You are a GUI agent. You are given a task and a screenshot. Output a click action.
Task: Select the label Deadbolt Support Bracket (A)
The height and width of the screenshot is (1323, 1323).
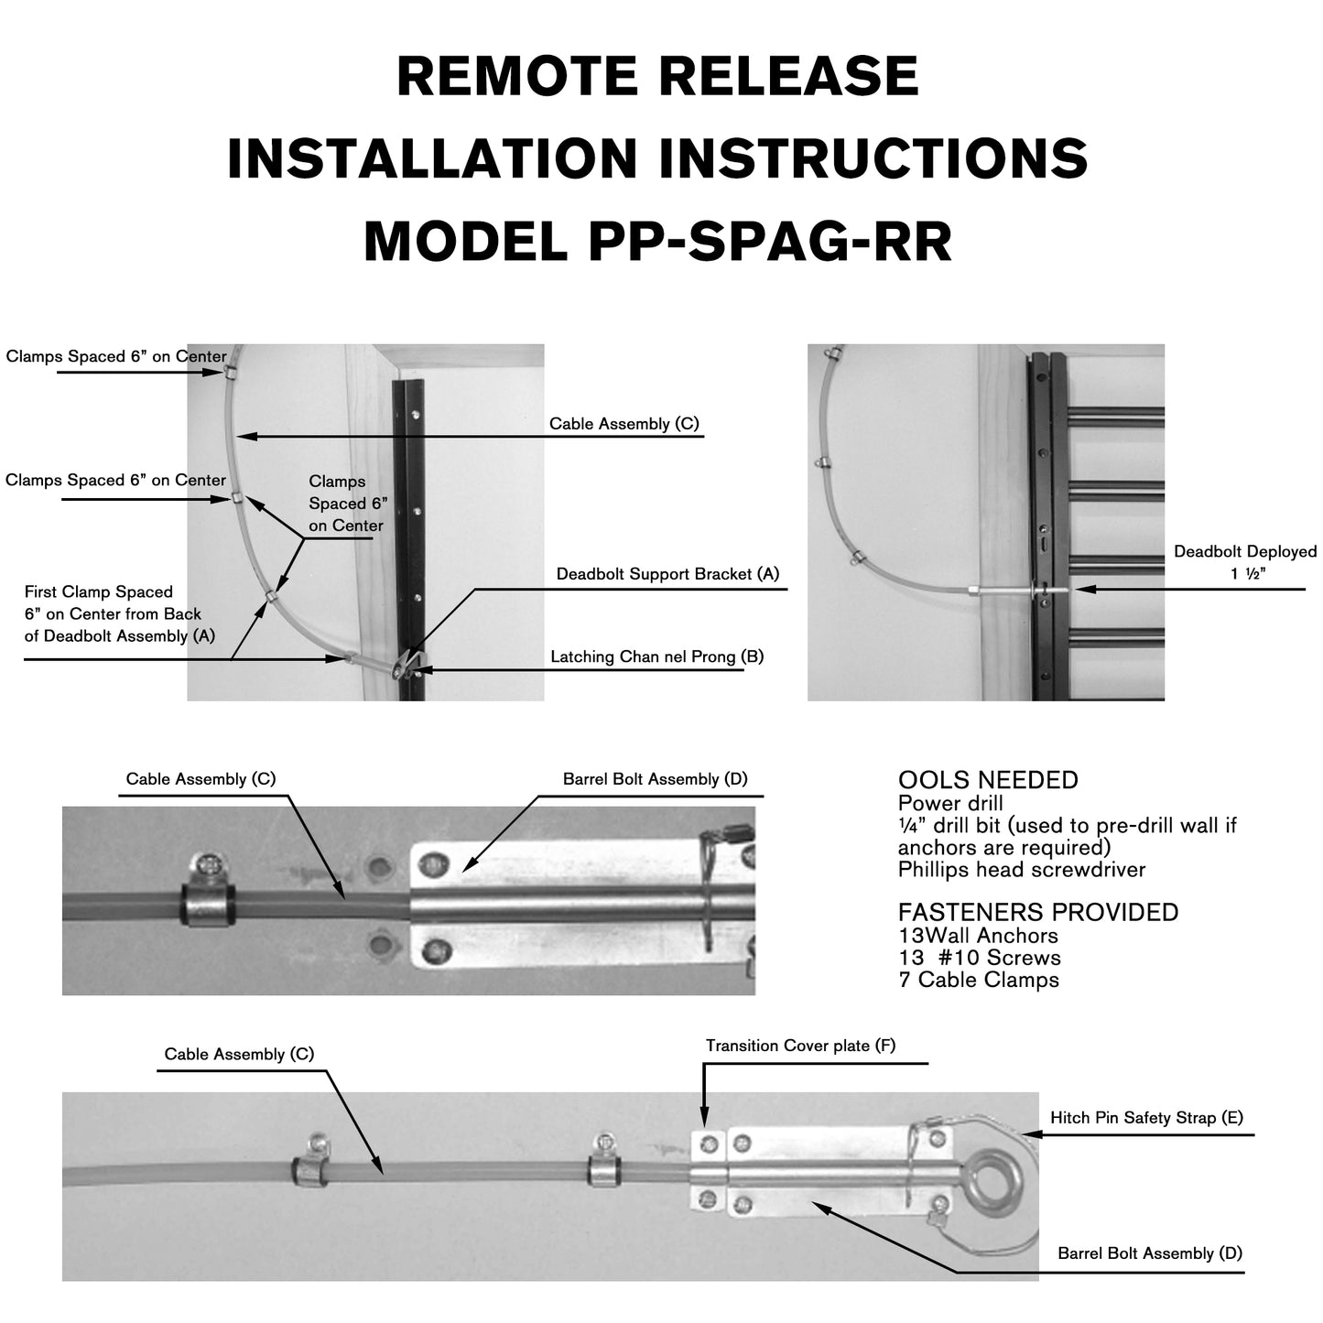[x=667, y=574]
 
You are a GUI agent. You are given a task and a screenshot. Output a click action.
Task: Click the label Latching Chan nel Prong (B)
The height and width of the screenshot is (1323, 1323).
[x=656, y=656]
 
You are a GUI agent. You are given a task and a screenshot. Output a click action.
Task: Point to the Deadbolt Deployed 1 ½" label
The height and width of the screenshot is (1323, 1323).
[x=1244, y=563]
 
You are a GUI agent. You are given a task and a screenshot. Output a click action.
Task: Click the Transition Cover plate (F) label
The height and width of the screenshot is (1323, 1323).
[x=800, y=1046]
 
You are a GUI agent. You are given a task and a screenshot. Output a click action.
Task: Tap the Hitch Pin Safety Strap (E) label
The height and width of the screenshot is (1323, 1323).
[x=1145, y=1117]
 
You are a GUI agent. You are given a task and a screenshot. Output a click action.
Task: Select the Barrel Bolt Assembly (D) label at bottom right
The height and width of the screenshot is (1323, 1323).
[x=1149, y=1253]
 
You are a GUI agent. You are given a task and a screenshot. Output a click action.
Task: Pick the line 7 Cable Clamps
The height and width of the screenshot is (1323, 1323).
[x=978, y=980]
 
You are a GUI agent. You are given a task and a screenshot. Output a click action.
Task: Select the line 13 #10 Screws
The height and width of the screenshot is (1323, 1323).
[x=979, y=958]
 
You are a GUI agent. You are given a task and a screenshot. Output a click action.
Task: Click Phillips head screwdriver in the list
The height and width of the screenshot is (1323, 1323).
[x=1021, y=870]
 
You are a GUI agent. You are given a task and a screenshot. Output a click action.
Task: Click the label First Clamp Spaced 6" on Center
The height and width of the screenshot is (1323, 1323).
[x=113, y=613]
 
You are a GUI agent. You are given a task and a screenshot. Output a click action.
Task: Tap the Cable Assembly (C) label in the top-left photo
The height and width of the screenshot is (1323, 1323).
[x=624, y=424]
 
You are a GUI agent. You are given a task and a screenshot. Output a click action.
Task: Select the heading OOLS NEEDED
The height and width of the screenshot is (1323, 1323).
[x=987, y=780]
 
